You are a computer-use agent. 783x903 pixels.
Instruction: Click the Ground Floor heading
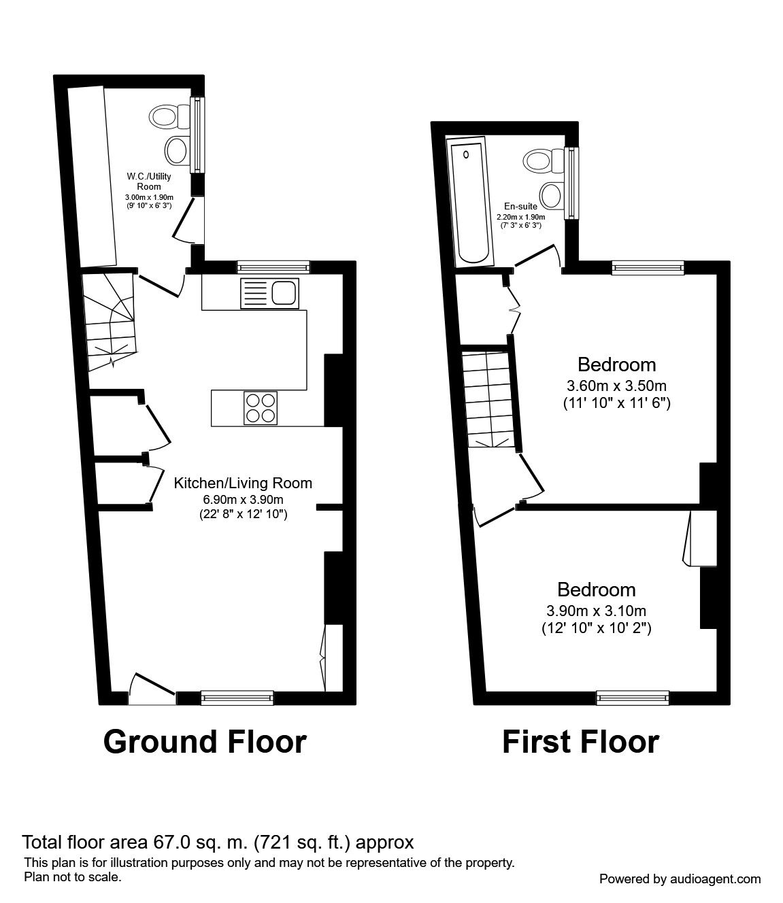(205, 741)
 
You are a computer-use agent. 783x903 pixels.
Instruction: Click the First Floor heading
(580, 741)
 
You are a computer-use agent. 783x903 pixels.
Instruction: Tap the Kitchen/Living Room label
(243, 483)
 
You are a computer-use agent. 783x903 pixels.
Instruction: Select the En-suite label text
(520, 206)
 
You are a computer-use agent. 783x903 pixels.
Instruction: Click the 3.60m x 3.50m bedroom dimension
(617, 385)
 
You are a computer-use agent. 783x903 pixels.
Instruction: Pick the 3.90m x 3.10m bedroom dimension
(596, 610)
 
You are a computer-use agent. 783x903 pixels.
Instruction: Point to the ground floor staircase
(110, 320)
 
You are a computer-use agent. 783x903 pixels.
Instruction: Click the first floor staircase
(488, 398)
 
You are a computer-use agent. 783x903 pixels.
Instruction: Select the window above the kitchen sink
(273, 267)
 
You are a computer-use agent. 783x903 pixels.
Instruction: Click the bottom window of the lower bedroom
(633, 696)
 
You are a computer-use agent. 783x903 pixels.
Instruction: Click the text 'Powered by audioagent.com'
(680, 879)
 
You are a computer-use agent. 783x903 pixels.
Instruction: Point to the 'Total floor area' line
(218, 842)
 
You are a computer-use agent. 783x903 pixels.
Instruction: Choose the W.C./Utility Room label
(149, 182)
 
